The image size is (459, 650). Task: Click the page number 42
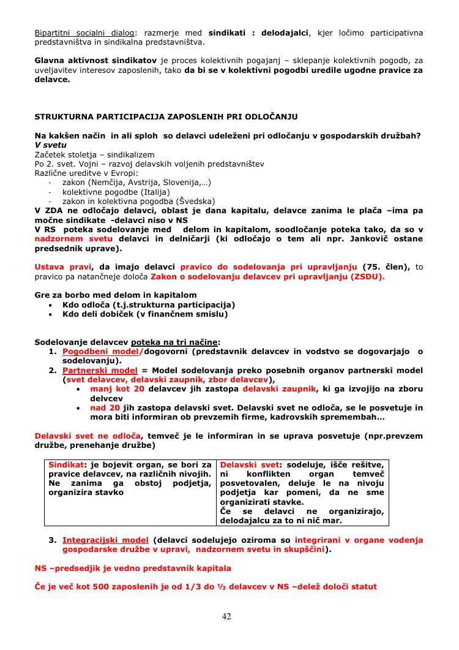tap(226, 616)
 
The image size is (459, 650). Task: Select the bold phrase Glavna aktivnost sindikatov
tap(95, 61)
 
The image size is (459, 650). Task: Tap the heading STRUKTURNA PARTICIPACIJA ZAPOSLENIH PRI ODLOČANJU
tap(166, 116)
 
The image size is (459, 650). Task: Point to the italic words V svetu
tap(51, 145)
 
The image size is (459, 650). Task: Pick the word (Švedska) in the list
tap(195, 200)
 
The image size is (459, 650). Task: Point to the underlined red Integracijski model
tap(105, 540)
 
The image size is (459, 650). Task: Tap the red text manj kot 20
tap(117, 388)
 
